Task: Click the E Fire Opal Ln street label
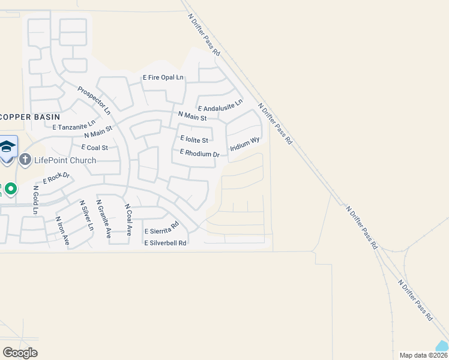pos(163,78)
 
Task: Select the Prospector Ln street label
pos(94,100)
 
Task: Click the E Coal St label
pos(90,148)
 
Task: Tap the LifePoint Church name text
pos(65,160)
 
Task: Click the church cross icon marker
pos(25,160)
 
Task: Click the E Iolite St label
pos(194,140)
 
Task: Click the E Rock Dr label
pos(56,178)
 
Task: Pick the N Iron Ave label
pos(62,231)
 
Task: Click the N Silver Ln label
pos(86,216)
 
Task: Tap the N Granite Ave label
pos(104,219)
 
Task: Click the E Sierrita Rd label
pos(161,229)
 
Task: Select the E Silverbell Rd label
pos(165,243)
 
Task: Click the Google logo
pos(20,353)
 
